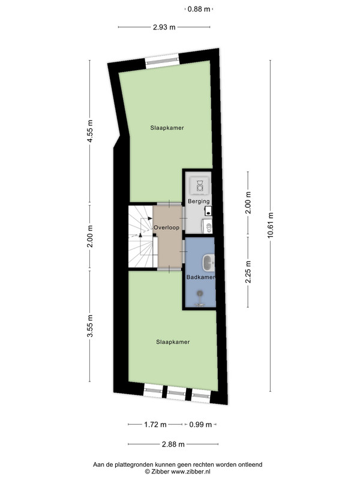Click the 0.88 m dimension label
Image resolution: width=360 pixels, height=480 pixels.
point(199,9)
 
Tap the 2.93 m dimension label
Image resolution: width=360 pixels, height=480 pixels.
point(164,27)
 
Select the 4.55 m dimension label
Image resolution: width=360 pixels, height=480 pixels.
point(89,131)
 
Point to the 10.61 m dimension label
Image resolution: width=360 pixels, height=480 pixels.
point(271,225)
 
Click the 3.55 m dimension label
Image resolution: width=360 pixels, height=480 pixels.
point(89,326)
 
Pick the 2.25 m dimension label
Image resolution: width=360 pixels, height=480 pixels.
point(248,272)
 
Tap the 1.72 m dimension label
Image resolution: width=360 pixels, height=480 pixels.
point(155,425)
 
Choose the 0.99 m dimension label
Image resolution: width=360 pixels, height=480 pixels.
point(200,425)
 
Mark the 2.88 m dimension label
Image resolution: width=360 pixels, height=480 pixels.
point(173,444)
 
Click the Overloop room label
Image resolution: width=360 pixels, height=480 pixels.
point(167,227)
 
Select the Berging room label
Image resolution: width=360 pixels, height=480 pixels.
point(199,202)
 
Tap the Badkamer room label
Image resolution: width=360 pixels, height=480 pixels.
point(200,277)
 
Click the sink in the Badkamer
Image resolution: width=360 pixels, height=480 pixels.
point(209,263)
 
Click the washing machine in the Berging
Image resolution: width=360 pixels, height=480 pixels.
point(200,186)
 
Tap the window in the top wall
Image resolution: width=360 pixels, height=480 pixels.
point(162,61)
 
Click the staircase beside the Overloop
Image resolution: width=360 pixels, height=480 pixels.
point(140,236)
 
